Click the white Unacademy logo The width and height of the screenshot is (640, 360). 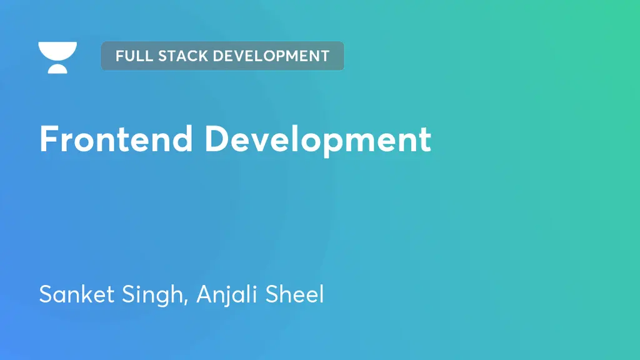coord(57,57)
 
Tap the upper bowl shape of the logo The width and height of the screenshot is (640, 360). coord(57,50)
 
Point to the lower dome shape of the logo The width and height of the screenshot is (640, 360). coord(57,68)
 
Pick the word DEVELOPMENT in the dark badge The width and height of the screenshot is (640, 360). coord(271,56)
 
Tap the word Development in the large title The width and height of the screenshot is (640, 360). coord(317,140)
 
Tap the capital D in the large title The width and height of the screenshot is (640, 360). coord(216,139)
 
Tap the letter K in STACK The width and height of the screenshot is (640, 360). coord(201,56)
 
